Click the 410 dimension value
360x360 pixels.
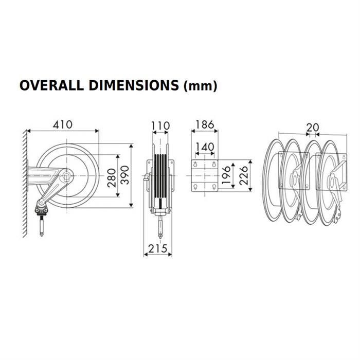(x=63, y=124)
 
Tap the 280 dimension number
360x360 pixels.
(x=112, y=178)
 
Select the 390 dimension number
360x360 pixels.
(x=125, y=175)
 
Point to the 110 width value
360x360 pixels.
(x=160, y=126)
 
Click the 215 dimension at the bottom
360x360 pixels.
(x=158, y=248)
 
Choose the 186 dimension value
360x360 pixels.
(x=205, y=124)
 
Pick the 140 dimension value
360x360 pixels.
(x=205, y=147)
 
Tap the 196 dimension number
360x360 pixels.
(x=226, y=175)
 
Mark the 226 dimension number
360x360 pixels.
(x=244, y=175)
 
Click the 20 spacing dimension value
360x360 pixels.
(x=313, y=127)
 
